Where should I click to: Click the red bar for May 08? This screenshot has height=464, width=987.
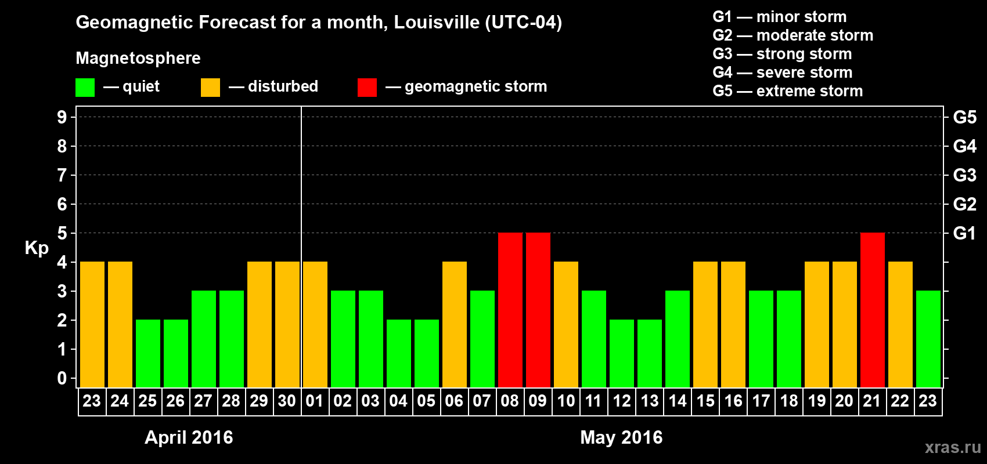point(510,310)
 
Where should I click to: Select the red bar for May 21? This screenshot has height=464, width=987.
point(873,310)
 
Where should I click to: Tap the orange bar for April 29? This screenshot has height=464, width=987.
point(260,324)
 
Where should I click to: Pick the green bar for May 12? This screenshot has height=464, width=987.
point(622,353)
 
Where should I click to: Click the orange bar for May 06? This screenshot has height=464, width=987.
point(455,324)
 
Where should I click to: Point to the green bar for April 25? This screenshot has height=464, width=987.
point(148,353)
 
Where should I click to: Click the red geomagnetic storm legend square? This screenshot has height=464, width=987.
point(367,88)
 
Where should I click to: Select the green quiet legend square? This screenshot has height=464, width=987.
point(85,88)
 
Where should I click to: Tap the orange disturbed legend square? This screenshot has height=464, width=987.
point(210,88)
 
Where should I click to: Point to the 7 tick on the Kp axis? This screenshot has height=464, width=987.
point(62,175)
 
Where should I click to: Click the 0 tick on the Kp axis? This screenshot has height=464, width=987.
point(62,379)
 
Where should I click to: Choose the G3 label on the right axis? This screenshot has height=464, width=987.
point(964,175)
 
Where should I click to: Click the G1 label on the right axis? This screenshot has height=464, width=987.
point(964,233)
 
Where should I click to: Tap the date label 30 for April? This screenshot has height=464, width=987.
point(287,401)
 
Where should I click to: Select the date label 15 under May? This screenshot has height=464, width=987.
point(705,401)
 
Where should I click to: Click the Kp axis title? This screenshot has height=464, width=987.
point(37,248)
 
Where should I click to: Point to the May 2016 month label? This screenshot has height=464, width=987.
point(621,437)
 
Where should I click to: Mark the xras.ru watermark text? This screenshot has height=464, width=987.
point(953,447)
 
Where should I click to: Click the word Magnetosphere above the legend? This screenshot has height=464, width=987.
point(138,58)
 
